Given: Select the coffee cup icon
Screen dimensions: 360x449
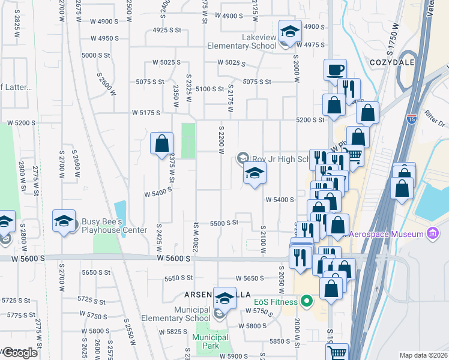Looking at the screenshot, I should tap(335, 70).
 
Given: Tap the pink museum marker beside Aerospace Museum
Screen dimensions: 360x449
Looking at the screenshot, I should tap(432, 233).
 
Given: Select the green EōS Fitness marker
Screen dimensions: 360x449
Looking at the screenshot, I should tap(307, 299).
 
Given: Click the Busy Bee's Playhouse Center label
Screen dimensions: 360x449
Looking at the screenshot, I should tap(115, 226).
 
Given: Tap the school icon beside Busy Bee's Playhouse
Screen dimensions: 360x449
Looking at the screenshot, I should tap(64, 221).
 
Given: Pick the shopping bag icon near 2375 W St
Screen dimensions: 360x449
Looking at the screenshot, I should tap(161, 144).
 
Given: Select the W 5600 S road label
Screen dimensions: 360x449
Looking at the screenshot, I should tap(173, 257).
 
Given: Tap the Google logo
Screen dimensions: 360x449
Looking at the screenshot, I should tap(19, 353).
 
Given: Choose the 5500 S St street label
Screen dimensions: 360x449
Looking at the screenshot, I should tap(224, 223).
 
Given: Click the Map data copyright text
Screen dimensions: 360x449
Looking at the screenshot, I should tap(424, 355).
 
